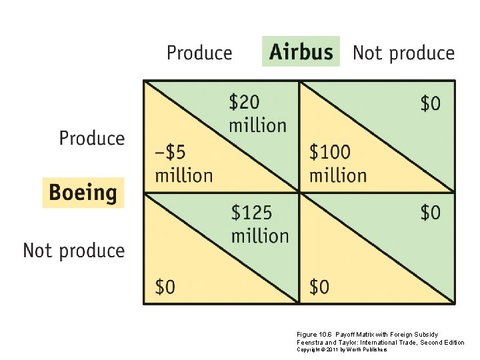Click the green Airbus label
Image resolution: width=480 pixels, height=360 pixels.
click(x=301, y=52)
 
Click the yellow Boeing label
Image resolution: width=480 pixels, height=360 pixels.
click(x=83, y=193)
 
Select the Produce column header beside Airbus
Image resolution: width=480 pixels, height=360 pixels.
click(x=199, y=53)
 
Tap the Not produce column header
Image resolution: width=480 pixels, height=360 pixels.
click(x=403, y=53)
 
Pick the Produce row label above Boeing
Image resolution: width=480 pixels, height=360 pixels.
click(x=92, y=139)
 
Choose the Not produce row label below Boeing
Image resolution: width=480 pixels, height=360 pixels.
click(x=74, y=251)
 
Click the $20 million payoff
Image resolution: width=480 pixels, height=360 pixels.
click(x=257, y=113)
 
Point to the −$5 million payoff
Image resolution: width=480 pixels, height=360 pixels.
click(x=183, y=164)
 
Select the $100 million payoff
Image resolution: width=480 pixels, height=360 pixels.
click(x=337, y=164)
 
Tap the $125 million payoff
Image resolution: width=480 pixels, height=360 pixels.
click(x=259, y=224)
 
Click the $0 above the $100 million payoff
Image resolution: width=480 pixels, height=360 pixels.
click(x=431, y=103)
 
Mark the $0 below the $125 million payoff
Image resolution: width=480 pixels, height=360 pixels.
click(x=165, y=287)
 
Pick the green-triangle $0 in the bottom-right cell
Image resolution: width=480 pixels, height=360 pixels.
click(x=431, y=213)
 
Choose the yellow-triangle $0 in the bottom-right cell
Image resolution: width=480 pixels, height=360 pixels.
click(x=319, y=287)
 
